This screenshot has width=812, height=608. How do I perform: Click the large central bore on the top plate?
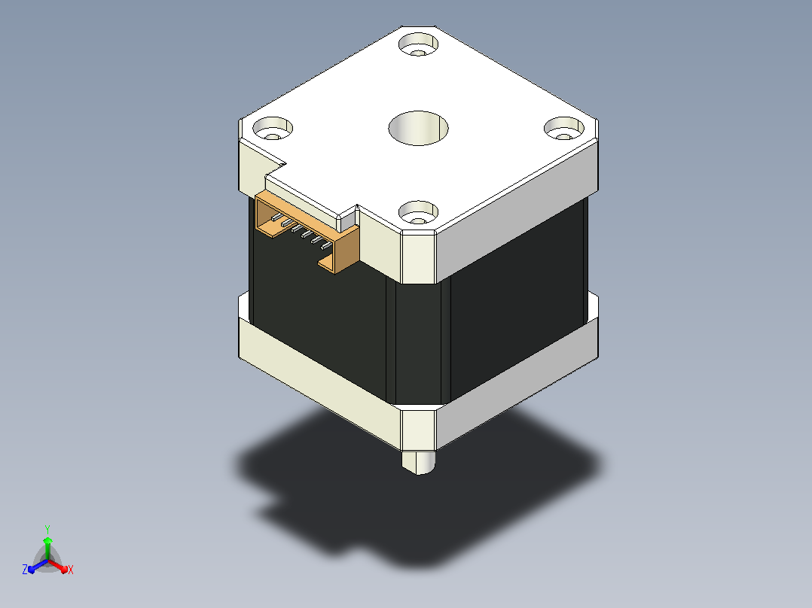(x=419, y=128)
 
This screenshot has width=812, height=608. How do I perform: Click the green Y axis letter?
(x=47, y=529)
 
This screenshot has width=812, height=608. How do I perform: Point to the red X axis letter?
(x=71, y=570)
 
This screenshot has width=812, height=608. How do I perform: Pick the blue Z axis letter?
(x=25, y=570)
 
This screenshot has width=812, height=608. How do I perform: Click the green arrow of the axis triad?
(x=47, y=548)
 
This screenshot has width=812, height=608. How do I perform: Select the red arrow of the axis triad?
(x=59, y=566)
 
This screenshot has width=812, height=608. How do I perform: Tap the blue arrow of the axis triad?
(x=38, y=566)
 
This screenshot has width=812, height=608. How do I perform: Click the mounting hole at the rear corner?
(x=419, y=44)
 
